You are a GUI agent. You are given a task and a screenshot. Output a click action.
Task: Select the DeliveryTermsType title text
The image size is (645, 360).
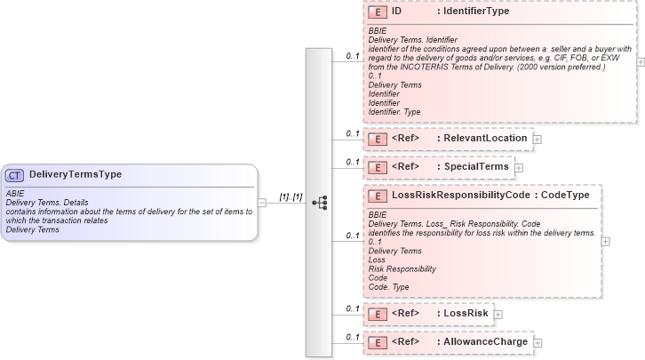76,175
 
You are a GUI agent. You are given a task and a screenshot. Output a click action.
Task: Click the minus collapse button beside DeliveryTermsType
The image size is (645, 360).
262,203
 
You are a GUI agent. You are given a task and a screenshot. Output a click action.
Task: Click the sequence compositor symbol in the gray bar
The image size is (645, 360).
319,203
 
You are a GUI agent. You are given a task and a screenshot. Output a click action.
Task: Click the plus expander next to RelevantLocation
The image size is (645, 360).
537,140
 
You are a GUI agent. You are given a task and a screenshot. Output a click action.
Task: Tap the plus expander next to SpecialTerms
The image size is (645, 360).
520,168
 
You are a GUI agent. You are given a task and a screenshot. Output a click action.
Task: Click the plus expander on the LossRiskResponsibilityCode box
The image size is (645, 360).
606,240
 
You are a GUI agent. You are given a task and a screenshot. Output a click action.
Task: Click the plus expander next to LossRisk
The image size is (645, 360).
498,315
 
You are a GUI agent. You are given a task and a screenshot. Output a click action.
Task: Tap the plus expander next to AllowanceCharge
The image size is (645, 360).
537,342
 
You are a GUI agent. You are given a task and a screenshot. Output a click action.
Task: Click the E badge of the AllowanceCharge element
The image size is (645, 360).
377,341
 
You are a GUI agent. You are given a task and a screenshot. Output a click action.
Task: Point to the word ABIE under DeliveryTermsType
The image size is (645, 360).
15,193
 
